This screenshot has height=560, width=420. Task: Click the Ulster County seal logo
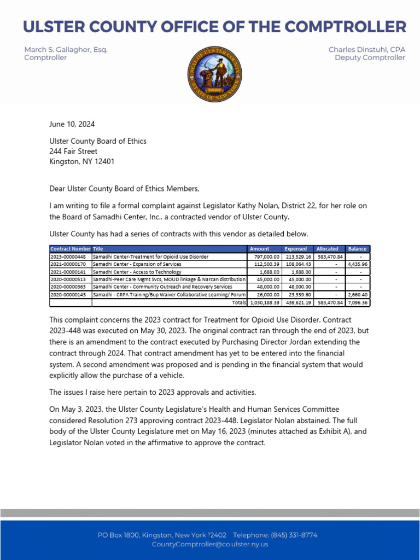214,73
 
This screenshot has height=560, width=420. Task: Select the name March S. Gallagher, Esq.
66,50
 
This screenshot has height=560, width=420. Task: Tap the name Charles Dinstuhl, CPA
366,50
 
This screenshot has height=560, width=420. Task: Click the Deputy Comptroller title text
370,58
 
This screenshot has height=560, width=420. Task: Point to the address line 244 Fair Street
73,151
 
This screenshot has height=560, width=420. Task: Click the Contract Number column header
71,249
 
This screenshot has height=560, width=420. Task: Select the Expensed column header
296,249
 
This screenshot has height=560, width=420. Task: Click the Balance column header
357,249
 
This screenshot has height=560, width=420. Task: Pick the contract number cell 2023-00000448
68,256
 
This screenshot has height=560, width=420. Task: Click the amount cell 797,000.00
265,256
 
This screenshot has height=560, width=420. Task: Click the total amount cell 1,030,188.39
265,302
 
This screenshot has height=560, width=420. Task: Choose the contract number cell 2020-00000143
68,294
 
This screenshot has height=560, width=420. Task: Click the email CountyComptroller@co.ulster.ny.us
210,544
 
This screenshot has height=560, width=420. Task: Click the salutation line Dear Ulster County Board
125,189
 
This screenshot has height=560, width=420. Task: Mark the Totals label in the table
239,302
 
